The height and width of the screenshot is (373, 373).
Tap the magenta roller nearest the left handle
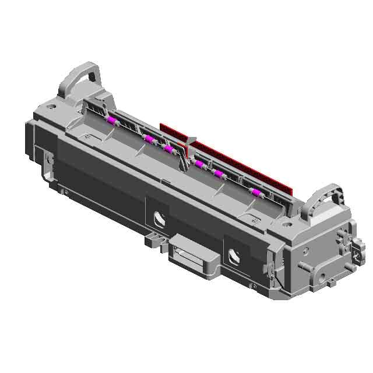[111, 121]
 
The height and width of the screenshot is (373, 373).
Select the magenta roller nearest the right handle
[256, 193]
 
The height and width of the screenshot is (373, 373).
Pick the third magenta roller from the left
[168, 150]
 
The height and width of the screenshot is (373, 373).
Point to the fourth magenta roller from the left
[199, 165]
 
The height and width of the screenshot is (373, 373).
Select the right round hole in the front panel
[235, 255]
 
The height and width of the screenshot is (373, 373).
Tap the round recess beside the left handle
[52, 107]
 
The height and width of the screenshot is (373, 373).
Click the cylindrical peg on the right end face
[301, 266]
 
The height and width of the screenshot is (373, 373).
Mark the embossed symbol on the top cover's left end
[87, 136]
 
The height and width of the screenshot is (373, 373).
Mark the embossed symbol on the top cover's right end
[255, 220]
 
